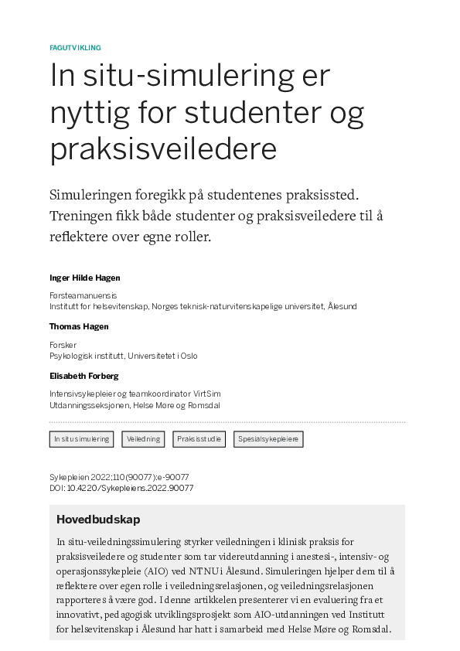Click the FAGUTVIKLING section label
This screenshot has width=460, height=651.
point(75,48)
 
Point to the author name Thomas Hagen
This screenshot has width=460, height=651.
point(79,326)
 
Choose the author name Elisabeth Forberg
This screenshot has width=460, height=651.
point(84,376)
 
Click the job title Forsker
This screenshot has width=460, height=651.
point(63,345)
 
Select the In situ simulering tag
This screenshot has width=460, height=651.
point(81,439)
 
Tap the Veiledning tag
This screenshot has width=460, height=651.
point(144,439)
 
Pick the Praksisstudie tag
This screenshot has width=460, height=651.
point(199,439)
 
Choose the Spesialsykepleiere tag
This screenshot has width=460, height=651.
point(268,439)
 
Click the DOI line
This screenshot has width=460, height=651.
point(121,488)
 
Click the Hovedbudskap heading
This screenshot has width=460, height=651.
point(98,520)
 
